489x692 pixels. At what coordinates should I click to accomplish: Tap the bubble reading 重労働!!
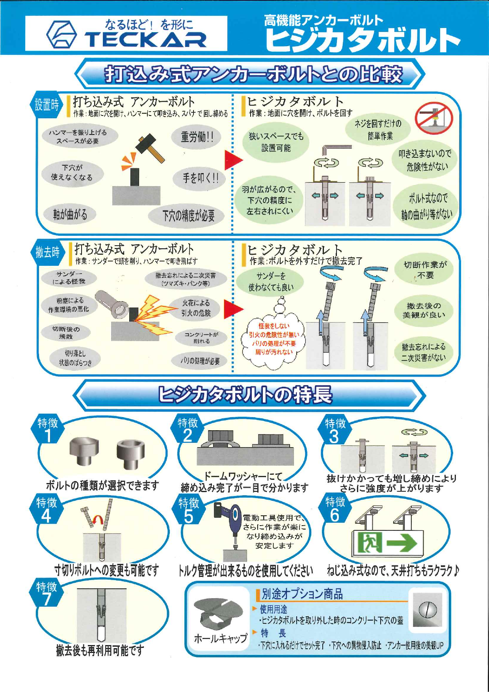pyautogui.click(x=197, y=137)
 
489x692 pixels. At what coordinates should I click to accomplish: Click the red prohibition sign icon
pyautogui.click(x=434, y=117)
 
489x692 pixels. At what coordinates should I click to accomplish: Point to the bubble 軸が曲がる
pyautogui.click(x=70, y=215)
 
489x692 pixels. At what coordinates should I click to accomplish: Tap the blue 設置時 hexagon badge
pyautogui.click(x=46, y=105)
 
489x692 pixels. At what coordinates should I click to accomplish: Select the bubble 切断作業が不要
pyautogui.click(x=425, y=270)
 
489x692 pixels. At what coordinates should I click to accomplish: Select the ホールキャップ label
pyautogui.click(x=220, y=638)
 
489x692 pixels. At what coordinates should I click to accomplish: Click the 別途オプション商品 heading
pyautogui.click(x=302, y=594)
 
